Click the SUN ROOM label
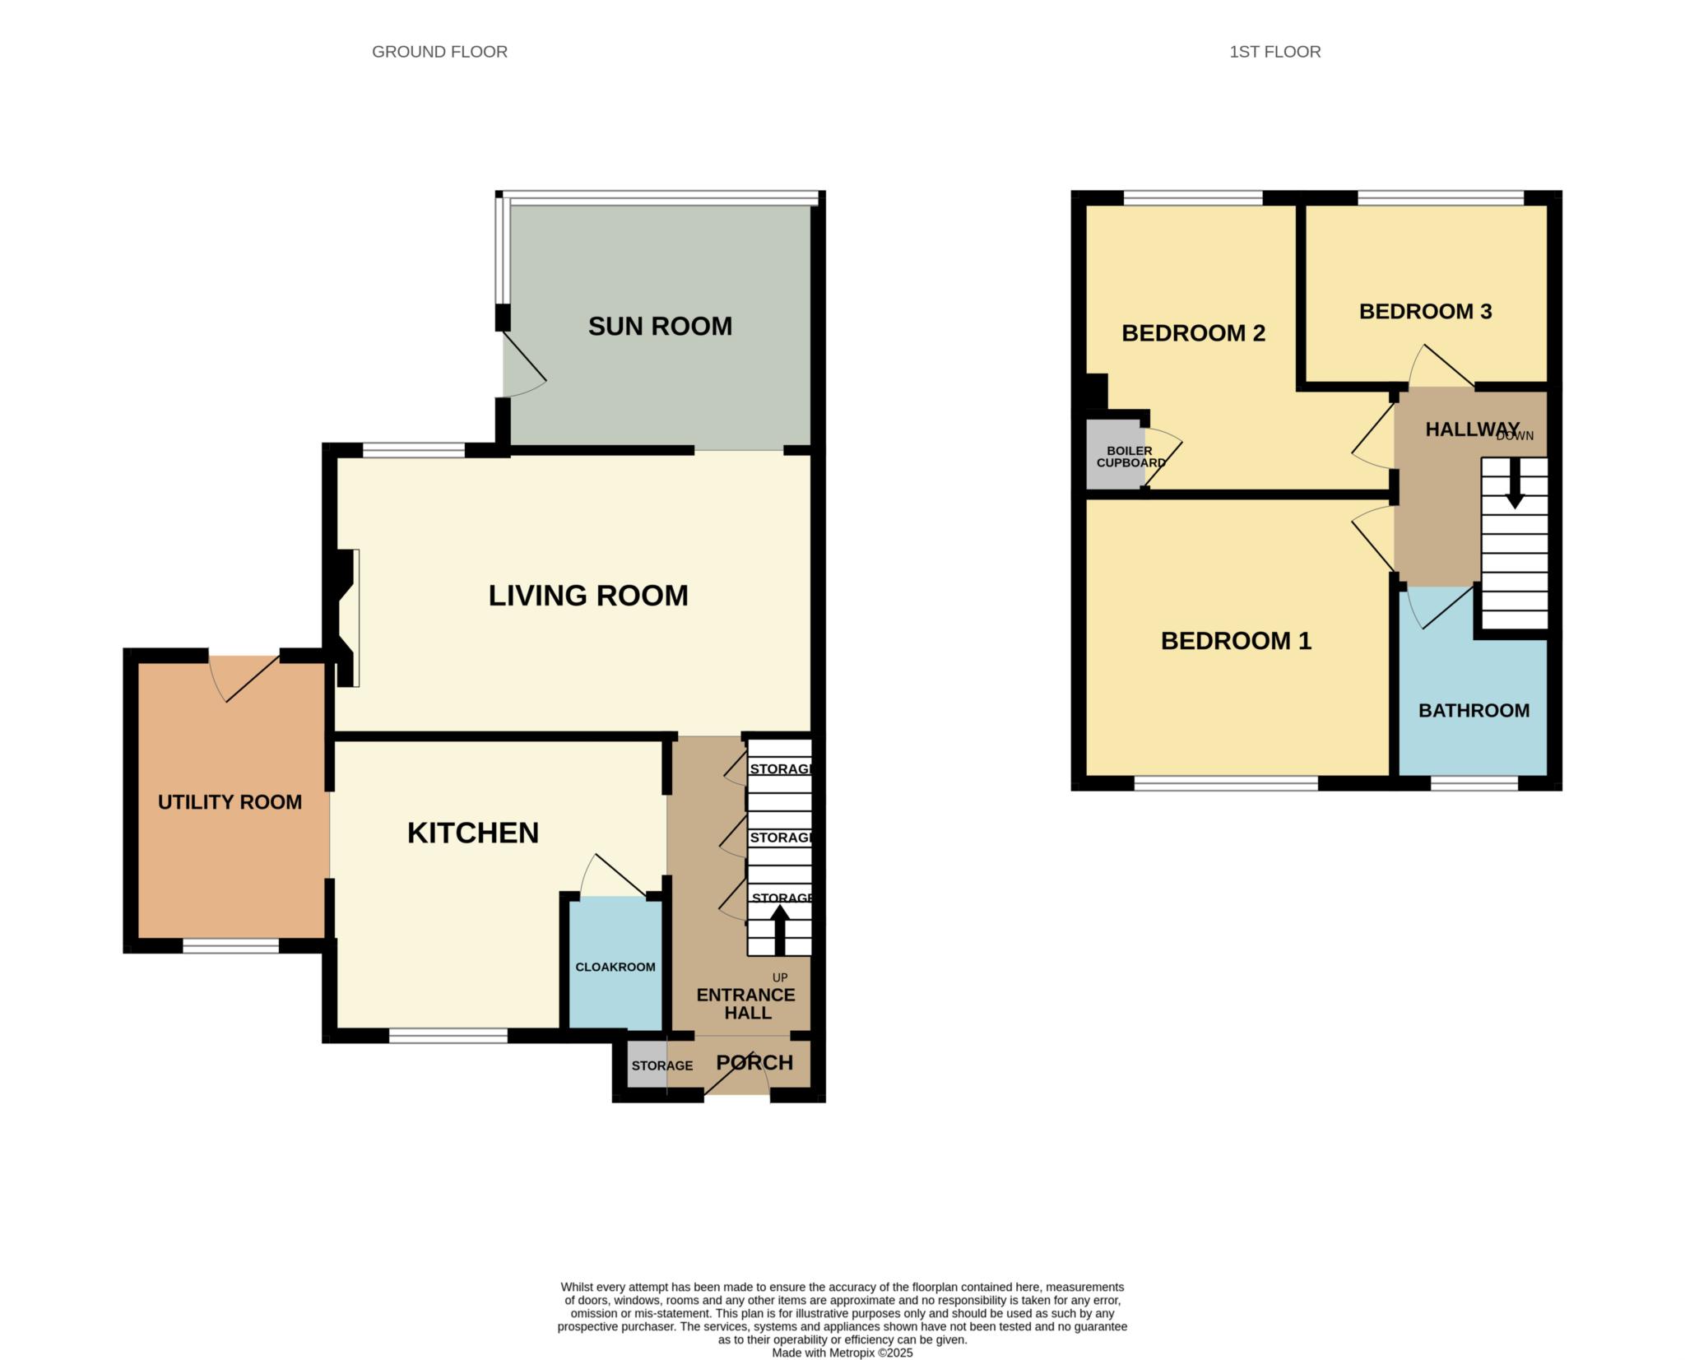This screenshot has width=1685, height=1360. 660,327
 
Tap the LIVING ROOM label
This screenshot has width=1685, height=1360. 588,596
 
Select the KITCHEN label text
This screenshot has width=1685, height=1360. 473,833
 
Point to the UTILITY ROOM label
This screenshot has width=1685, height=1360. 230,802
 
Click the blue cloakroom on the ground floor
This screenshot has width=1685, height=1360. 615,963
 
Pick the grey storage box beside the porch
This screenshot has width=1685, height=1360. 648,1065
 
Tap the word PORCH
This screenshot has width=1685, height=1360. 754,1062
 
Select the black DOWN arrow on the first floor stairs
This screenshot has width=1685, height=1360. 1515,483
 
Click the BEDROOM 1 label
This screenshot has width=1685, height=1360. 1236,641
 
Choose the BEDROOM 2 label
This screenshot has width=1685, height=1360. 1193,333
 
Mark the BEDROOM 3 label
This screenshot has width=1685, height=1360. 1425,312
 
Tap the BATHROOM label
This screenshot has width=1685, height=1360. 1474,711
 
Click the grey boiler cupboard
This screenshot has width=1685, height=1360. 1115,455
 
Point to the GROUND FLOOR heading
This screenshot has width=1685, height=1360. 439,52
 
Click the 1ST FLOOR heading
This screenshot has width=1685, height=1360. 1274,52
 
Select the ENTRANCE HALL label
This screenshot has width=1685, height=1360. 746,1004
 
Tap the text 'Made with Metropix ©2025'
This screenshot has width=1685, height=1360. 842,1353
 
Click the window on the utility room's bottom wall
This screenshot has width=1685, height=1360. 230,947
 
